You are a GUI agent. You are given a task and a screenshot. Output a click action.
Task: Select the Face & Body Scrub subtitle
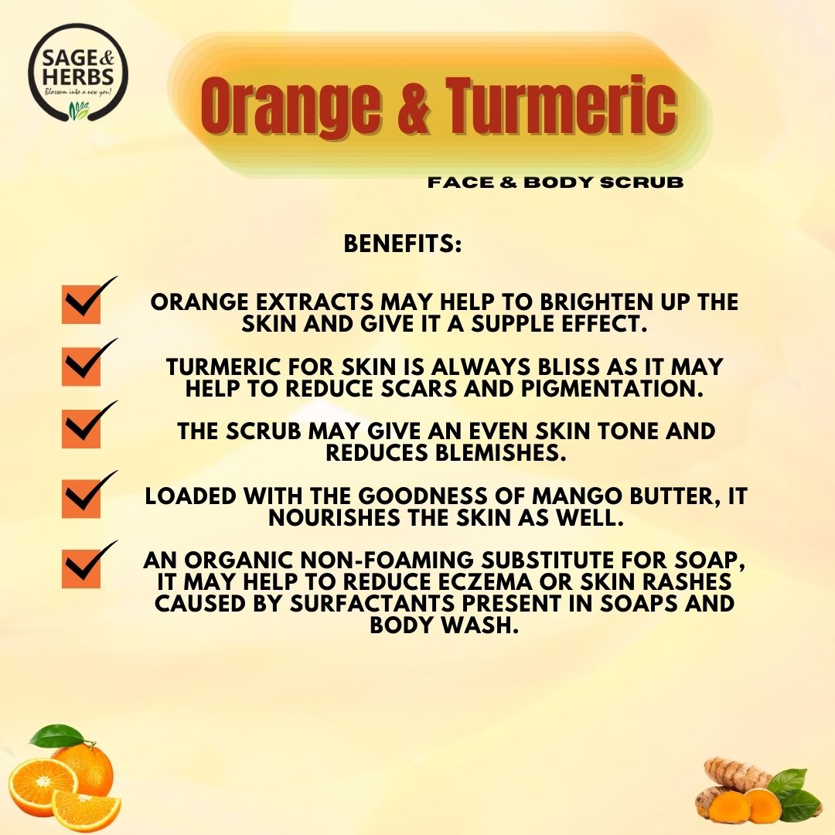point(556,183)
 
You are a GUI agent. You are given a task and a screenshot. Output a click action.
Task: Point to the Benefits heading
point(402,244)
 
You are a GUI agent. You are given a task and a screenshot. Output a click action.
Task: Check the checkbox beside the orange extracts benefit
point(81,304)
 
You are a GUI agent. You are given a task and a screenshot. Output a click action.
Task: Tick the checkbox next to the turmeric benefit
point(81,366)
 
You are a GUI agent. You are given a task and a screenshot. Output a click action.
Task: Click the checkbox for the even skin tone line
point(81,429)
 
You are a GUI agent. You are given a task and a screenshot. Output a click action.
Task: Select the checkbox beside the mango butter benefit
point(81,499)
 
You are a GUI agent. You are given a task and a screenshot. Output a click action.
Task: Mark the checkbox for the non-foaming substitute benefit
point(81,568)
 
